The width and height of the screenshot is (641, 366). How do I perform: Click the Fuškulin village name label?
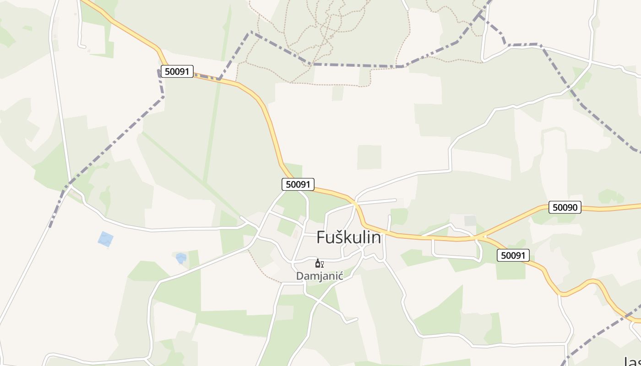coord(348,237)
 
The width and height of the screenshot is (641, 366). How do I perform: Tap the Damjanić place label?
coord(320,276)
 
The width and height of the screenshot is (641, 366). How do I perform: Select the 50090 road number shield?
coord(565,207)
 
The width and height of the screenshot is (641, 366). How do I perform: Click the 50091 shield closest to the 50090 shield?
coord(513,255)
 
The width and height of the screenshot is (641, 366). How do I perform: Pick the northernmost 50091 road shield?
coord(177,71)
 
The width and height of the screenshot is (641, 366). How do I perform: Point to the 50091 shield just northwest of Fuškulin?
coord(298,184)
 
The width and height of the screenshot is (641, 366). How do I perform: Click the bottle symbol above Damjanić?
coord(317,263)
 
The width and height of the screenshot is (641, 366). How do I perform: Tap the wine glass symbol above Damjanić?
coord(322,264)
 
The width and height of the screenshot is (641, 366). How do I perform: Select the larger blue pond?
coord(106,239)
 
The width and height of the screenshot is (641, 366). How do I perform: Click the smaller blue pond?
coord(181,258)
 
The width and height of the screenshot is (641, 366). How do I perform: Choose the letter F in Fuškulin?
coord(321,237)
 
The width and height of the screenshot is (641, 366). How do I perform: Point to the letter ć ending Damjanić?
coord(340,276)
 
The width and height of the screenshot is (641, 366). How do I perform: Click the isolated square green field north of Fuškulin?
coord(369,157)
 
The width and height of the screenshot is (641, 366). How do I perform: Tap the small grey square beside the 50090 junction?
coord(470,221)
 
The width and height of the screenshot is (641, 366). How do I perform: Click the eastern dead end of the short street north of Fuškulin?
coord(395,199)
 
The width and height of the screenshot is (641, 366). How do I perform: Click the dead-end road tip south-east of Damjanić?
coord(357,319)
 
